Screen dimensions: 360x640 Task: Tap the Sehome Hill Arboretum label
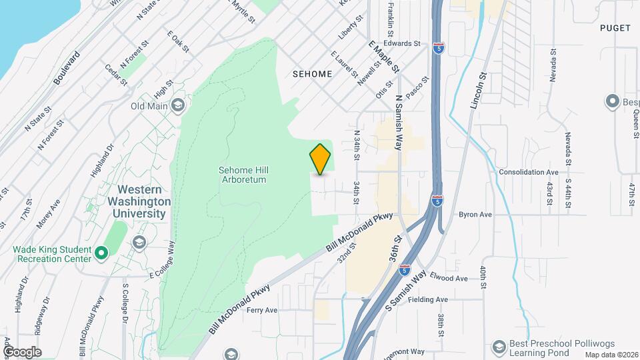(243, 175)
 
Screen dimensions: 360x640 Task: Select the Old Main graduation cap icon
(178, 105)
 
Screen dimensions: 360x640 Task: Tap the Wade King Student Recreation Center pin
(101, 253)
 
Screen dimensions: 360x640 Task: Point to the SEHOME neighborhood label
(312, 74)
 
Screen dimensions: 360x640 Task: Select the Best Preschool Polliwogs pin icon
(498, 347)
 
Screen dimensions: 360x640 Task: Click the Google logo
(21, 351)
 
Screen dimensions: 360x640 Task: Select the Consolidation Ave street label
(528, 172)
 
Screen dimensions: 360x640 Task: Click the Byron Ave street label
(475, 215)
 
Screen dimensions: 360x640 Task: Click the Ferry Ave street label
(261, 310)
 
